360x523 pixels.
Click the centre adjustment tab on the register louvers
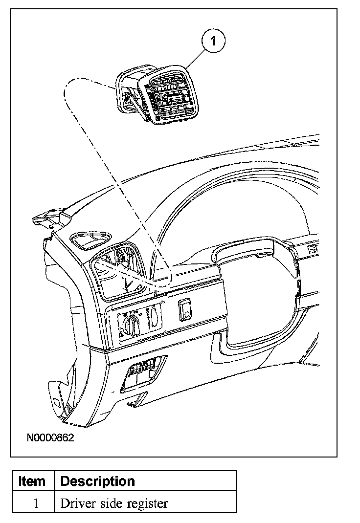coord(171,100)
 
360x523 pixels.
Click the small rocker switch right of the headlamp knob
coord(187,310)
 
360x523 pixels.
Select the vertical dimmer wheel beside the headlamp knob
coord(153,316)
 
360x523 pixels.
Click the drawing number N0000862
coord(50,438)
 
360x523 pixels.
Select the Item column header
coord(32,481)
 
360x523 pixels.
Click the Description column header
coord(97,481)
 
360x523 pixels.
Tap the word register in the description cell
coord(147,503)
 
